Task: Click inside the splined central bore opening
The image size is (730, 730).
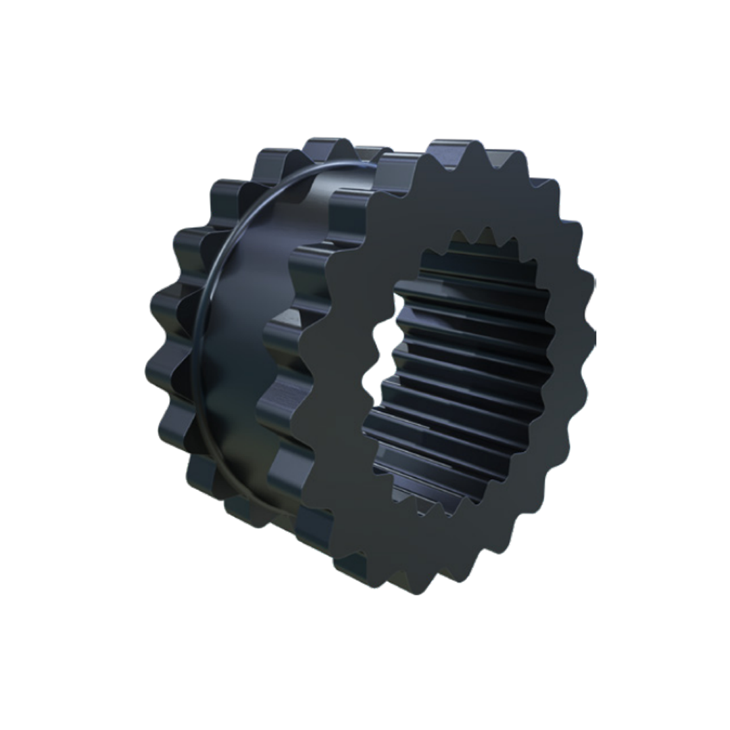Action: (466, 379)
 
